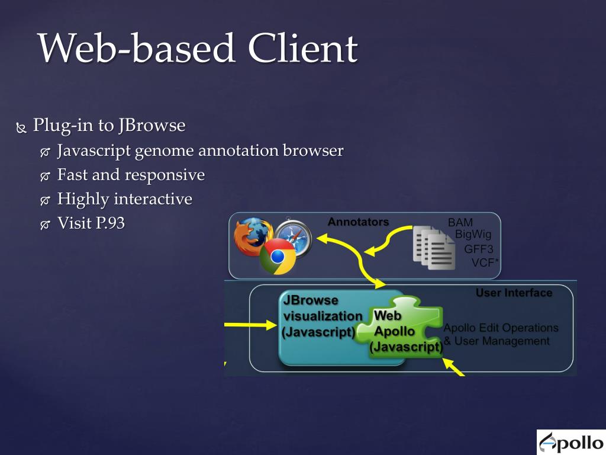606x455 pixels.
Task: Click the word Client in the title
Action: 302,49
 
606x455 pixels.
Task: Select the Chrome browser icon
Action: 278,257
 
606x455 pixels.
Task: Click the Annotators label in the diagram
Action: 358,222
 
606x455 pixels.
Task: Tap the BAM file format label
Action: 460,223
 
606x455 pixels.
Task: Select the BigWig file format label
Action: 473,235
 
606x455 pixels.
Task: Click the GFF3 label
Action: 478,249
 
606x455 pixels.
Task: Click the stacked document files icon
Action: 433,247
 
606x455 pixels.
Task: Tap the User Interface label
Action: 514,293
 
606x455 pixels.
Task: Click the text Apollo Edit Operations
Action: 501,328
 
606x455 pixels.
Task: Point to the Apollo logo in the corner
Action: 570,442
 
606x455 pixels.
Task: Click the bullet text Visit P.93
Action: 91,223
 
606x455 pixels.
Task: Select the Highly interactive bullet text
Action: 124,199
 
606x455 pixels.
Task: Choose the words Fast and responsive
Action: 131,175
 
